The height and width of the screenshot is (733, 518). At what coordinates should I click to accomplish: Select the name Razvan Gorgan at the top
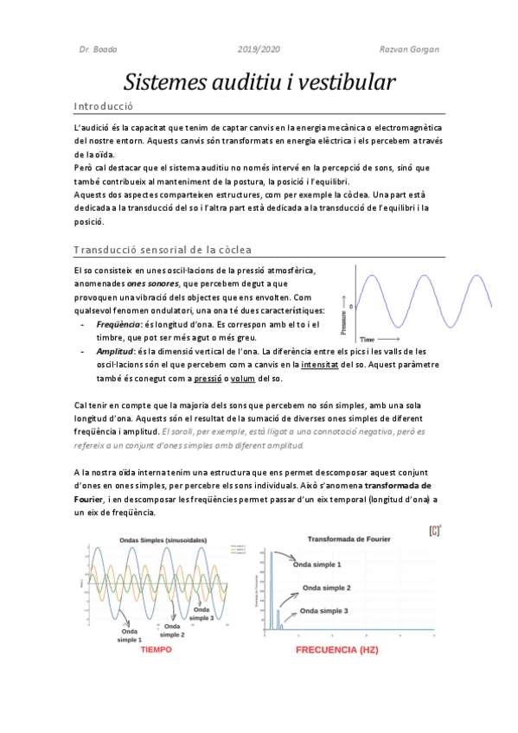coord(410,48)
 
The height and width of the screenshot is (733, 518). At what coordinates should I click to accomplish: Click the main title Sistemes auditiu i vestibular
coord(259,83)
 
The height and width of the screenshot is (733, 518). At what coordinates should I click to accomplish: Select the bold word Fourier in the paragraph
coord(89,499)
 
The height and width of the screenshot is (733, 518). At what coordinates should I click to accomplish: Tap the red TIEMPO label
coord(156,648)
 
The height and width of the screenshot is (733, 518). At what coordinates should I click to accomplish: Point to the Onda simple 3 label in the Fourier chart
coord(326,611)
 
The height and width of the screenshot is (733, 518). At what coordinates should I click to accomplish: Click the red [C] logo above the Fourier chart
coord(433,529)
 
